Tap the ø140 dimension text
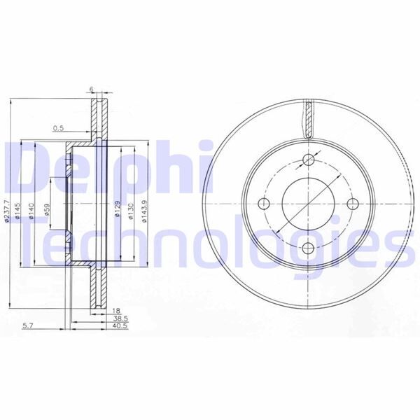(31, 209)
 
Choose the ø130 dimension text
(131, 209)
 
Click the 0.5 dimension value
(59, 128)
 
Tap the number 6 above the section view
(91, 89)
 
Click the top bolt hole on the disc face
(308, 159)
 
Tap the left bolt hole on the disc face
(264, 204)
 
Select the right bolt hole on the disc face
(352, 204)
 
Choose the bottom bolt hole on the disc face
(308, 248)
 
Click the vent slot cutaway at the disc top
(308, 118)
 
